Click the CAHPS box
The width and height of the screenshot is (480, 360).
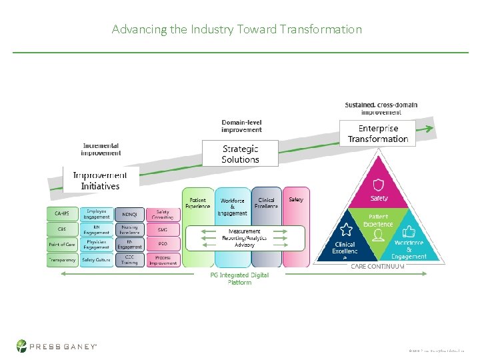(x=62, y=213)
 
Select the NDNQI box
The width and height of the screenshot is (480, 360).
(x=130, y=214)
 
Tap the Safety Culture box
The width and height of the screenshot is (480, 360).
(x=96, y=260)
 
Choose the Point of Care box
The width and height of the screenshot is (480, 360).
(x=62, y=245)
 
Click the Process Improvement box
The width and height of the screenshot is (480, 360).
(x=163, y=260)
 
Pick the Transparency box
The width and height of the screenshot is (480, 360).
(x=62, y=260)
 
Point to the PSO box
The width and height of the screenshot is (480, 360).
(x=163, y=245)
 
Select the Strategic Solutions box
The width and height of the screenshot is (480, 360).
(x=240, y=154)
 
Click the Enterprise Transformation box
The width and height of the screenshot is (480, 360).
(x=378, y=133)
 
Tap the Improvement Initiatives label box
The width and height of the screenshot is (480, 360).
(x=100, y=181)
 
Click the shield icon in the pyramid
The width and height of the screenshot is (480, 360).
(x=379, y=185)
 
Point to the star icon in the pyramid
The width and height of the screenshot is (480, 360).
(x=346, y=230)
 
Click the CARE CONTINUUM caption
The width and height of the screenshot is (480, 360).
(x=377, y=267)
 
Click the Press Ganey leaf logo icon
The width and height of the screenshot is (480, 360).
(x=23, y=346)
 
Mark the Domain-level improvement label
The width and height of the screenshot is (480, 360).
(x=241, y=125)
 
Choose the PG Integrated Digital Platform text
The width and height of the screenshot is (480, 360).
(x=239, y=279)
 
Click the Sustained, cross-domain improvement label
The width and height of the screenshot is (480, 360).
(x=377, y=109)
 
